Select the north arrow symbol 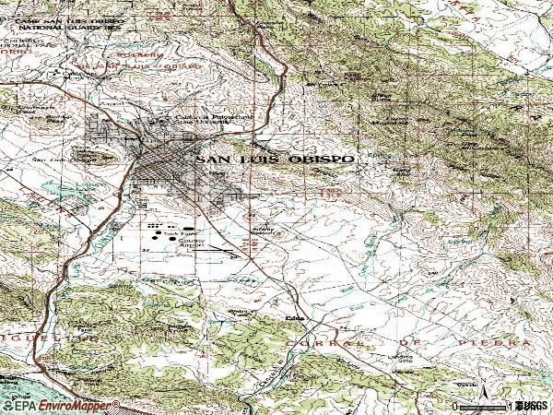pyautogui.click(x=485, y=397)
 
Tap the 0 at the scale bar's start pyautogui.click(x=456, y=406)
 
